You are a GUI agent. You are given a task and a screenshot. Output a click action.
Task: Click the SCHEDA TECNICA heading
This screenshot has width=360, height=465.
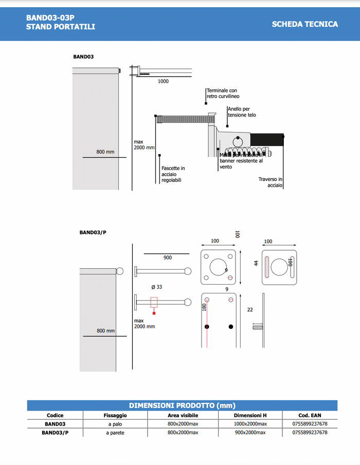305,24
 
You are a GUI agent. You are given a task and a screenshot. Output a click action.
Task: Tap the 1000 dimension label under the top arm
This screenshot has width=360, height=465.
163,81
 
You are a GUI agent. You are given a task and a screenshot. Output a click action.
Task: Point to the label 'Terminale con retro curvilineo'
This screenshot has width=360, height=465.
223,93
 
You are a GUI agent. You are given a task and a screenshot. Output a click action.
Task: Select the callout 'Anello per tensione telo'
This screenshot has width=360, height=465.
241,112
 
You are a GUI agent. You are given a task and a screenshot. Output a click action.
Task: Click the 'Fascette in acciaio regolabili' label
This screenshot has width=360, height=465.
173,174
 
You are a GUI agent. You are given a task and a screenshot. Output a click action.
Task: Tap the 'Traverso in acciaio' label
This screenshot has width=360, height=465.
271,182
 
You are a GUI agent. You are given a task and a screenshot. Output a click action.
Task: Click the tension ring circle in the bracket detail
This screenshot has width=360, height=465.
238,141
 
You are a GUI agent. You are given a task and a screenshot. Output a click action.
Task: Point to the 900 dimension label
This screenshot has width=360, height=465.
168,257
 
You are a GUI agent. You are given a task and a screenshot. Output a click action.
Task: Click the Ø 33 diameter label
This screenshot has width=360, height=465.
156,287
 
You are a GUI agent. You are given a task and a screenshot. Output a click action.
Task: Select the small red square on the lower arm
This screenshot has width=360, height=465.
154,313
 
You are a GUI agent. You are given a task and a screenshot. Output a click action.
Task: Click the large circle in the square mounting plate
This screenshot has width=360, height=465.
220,267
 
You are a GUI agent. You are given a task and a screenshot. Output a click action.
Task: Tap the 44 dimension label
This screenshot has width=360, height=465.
256,263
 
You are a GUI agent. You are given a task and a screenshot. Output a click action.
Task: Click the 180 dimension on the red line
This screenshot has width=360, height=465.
204,307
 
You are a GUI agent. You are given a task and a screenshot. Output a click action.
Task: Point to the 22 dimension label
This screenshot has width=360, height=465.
250,310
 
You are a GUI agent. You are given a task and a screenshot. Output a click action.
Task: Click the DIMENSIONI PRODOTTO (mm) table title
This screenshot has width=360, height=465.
182,405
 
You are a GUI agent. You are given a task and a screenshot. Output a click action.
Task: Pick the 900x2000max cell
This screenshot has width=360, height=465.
250,433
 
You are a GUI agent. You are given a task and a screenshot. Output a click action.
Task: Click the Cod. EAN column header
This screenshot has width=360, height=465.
310,415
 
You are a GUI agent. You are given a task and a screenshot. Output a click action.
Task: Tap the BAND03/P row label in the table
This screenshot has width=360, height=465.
55,433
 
